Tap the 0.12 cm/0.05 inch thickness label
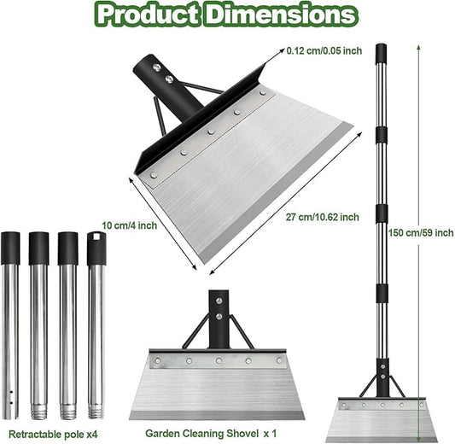pyautogui.click(x=324, y=50)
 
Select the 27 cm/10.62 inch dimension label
pyautogui.click(x=323, y=217)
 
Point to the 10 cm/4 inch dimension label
pyautogui.click(x=130, y=225)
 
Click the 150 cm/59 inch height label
pyautogui.click(x=421, y=232)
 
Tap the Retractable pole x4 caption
pyautogui.click(x=53, y=434)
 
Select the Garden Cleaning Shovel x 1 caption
pyautogui.click(x=211, y=433)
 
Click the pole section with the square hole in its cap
pyautogui.click(x=96, y=324)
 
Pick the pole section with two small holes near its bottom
pyautogui.click(x=10, y=325)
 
